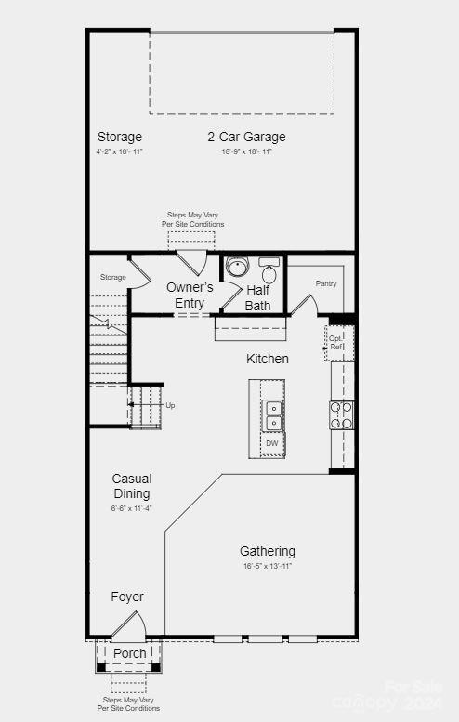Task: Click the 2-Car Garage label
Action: pyautogui.click(x=246, y=137)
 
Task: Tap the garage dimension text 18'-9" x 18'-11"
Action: pyautogui.click(x=246, y=151)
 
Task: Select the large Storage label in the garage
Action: pyautogui.click(x=119, y=137)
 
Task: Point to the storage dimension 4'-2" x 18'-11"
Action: pyautogui.click(x=119, y=151)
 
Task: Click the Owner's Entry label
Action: pyautogui.click(x=190, y=295)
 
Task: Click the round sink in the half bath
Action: pyautogui.click(x=237, y=268)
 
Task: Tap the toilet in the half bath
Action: pyautogui.click(x=269, y=272)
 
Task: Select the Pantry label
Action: pyautogui.click(x=326, y=283)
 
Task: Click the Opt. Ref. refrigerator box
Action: pyautogui.click(x=337, y=343)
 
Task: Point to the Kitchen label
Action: pyautogui.click(x=267, y=359)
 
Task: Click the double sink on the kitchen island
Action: pyautogui.click(x=272, y=415)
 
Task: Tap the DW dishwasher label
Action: pyautogui.click(x=272, y=443)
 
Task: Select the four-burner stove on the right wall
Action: pyautogui.click(x=341, y=414)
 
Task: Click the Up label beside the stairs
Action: pyautogui.click(x=170, y=405)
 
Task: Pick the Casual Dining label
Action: pyautogui.click(x=131, y=486)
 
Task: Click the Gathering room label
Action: pyautogui.click(x=268, y=551)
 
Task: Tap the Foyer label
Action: pyautogui.click(x=127, y=597)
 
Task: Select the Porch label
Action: pyautogui.click(x=129, y=653)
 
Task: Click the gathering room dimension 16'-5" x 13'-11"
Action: pyautogui.click(x=268, y=566)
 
